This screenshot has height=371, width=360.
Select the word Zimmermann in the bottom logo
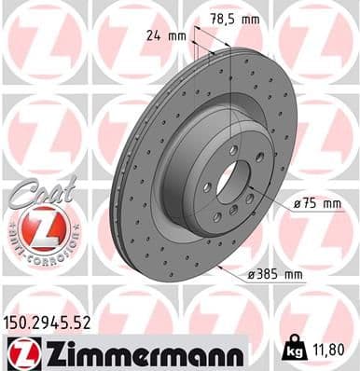tap(135, 352)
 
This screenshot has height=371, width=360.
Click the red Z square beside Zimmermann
tap(21, 353)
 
